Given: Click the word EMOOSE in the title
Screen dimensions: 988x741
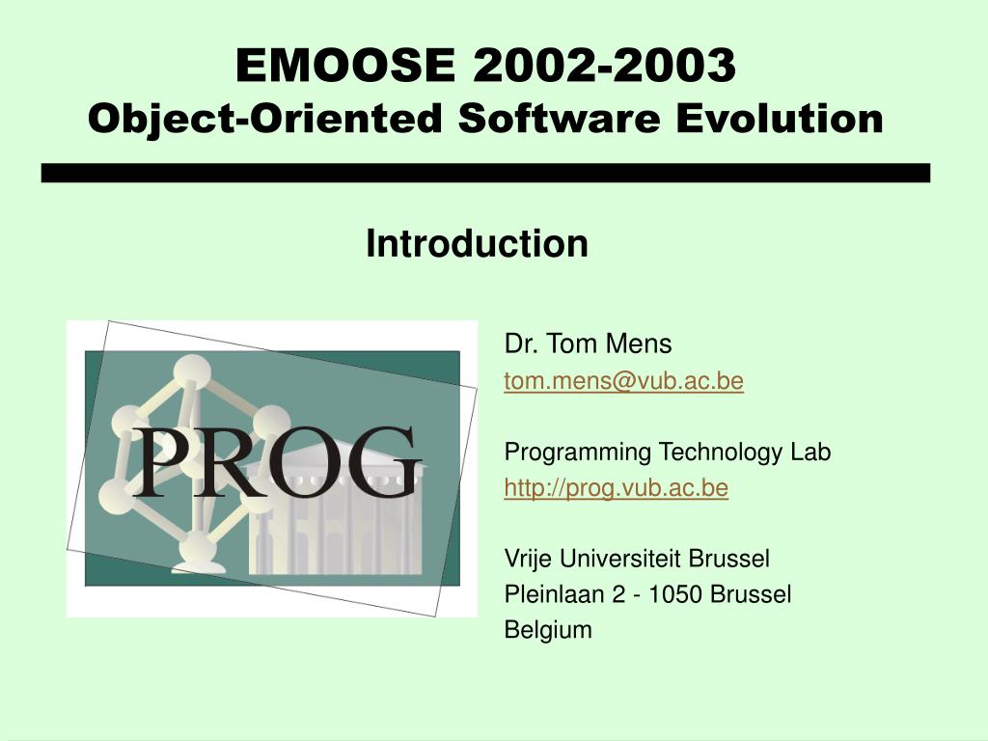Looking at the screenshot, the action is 345,65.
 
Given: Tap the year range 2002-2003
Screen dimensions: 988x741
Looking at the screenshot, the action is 605,65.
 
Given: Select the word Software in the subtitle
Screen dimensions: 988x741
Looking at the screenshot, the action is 560,118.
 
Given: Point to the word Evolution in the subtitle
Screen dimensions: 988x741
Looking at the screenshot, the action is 780,118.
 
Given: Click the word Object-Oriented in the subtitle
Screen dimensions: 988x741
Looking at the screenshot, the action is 265,119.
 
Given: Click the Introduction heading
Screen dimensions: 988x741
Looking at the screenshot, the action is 477,243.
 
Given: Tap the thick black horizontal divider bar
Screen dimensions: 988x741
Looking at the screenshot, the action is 486,174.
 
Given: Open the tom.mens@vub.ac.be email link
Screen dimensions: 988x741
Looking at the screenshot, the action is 624,381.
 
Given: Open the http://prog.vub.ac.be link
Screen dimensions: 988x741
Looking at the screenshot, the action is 617,488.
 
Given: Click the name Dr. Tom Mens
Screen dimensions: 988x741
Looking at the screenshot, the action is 588,344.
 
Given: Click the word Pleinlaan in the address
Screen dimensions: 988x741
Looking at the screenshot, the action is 555,594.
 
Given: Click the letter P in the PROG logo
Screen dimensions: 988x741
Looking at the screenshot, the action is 158,462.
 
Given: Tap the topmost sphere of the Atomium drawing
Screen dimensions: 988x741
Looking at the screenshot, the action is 192,371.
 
